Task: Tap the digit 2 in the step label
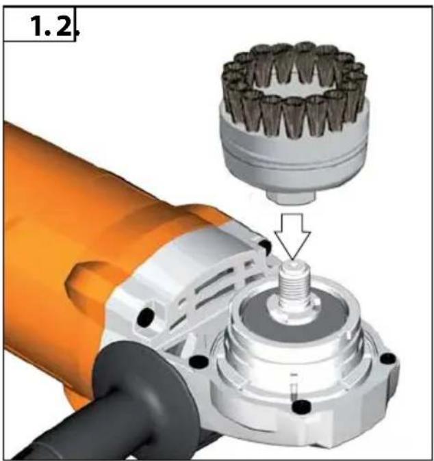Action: click(x=63, y=26)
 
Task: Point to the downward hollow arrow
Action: click(x=292, y=236)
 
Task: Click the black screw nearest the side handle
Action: click(x=199, y=362)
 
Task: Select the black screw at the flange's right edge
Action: click(x=388, y=358)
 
